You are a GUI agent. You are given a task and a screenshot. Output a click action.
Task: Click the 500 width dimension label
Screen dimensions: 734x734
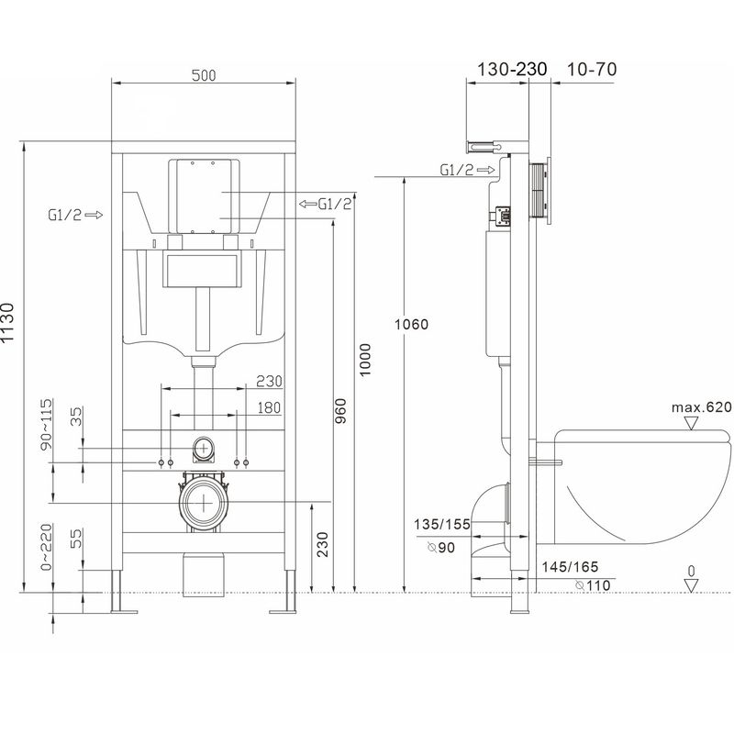204,75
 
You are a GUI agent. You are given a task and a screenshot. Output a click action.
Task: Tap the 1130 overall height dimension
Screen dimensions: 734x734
8,323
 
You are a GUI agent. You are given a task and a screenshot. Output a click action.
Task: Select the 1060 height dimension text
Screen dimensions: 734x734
411,324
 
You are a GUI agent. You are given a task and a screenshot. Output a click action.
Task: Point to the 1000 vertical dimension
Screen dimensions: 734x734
365,360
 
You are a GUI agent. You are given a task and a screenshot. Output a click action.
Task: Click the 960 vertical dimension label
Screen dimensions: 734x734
341,410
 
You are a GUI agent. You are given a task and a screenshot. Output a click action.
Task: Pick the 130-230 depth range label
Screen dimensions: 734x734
512,70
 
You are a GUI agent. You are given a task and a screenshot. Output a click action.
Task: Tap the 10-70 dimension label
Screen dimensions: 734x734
592,70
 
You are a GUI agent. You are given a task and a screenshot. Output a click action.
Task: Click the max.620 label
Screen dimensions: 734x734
701,407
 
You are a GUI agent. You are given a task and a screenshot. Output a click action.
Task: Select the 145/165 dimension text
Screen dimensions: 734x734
570,567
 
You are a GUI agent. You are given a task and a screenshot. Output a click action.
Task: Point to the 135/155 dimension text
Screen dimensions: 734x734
442,524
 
